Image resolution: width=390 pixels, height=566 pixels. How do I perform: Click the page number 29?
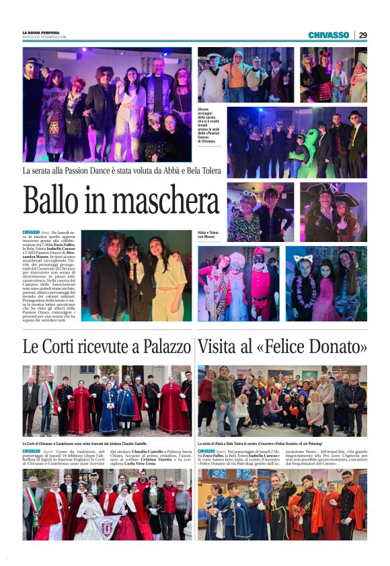coord(362,35)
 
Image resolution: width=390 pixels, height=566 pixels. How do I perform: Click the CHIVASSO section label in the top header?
coord(329,35)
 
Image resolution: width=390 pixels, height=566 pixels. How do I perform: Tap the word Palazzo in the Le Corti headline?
coord(162,348)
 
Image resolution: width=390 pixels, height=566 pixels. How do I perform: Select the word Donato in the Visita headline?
coord(338,348)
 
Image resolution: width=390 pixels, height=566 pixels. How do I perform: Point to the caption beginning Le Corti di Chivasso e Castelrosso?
coord(84,444)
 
